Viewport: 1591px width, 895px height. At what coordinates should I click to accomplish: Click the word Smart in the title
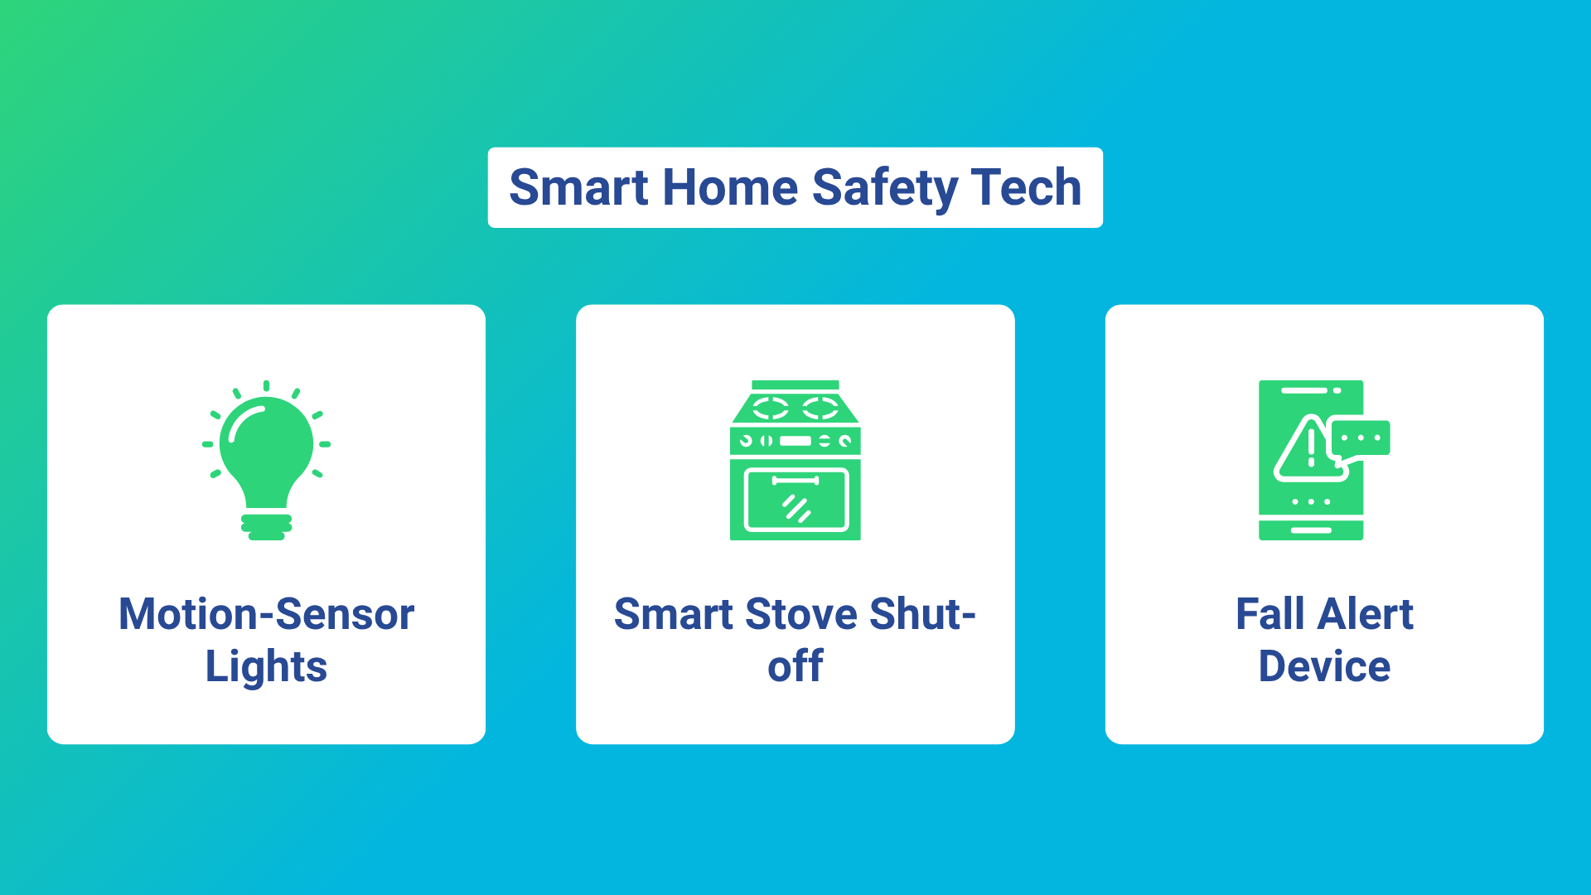pos(578,187)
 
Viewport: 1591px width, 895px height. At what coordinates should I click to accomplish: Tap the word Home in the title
pos(730,187)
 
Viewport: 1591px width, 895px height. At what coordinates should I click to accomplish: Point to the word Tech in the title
pos(1027,187)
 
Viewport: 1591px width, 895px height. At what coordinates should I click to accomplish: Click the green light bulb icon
pos(266,460)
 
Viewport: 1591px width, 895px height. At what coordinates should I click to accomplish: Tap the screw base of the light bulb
pos(266,527)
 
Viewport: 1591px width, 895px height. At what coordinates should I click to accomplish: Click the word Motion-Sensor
pos(266,614)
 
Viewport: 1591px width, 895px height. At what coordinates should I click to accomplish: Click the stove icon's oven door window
pos(796,501)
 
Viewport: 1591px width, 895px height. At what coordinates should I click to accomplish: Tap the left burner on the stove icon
pos(770,408)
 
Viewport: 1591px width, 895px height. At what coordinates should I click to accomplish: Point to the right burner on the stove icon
pos(820,408)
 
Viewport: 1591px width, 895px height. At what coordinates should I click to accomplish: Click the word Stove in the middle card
pos(801,614)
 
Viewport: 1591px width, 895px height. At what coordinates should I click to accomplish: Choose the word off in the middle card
pos(795,666)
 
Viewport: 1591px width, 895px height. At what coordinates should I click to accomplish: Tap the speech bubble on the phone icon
pos(1360,439)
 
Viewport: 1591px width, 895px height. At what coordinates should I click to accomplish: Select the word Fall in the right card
pos(1270,614)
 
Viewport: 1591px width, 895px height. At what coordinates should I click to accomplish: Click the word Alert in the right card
pos(1366,614)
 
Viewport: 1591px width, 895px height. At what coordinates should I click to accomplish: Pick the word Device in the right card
pos(1324,666)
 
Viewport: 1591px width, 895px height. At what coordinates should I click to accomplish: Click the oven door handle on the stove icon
pos(795,481)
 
